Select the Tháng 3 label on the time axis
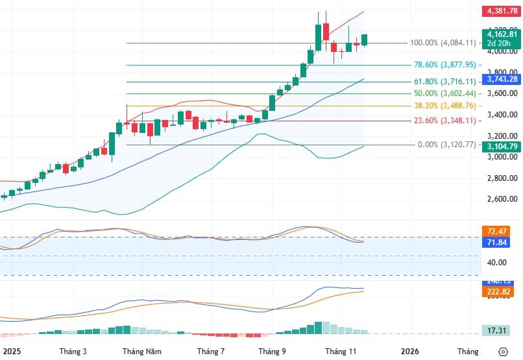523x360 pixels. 73,352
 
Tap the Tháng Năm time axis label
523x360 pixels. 142,352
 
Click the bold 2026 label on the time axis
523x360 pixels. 409,352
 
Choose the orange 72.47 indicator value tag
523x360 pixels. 498,231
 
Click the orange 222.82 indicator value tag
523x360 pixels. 498,293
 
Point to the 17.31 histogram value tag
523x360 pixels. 498,331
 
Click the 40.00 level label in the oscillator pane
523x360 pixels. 497,263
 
